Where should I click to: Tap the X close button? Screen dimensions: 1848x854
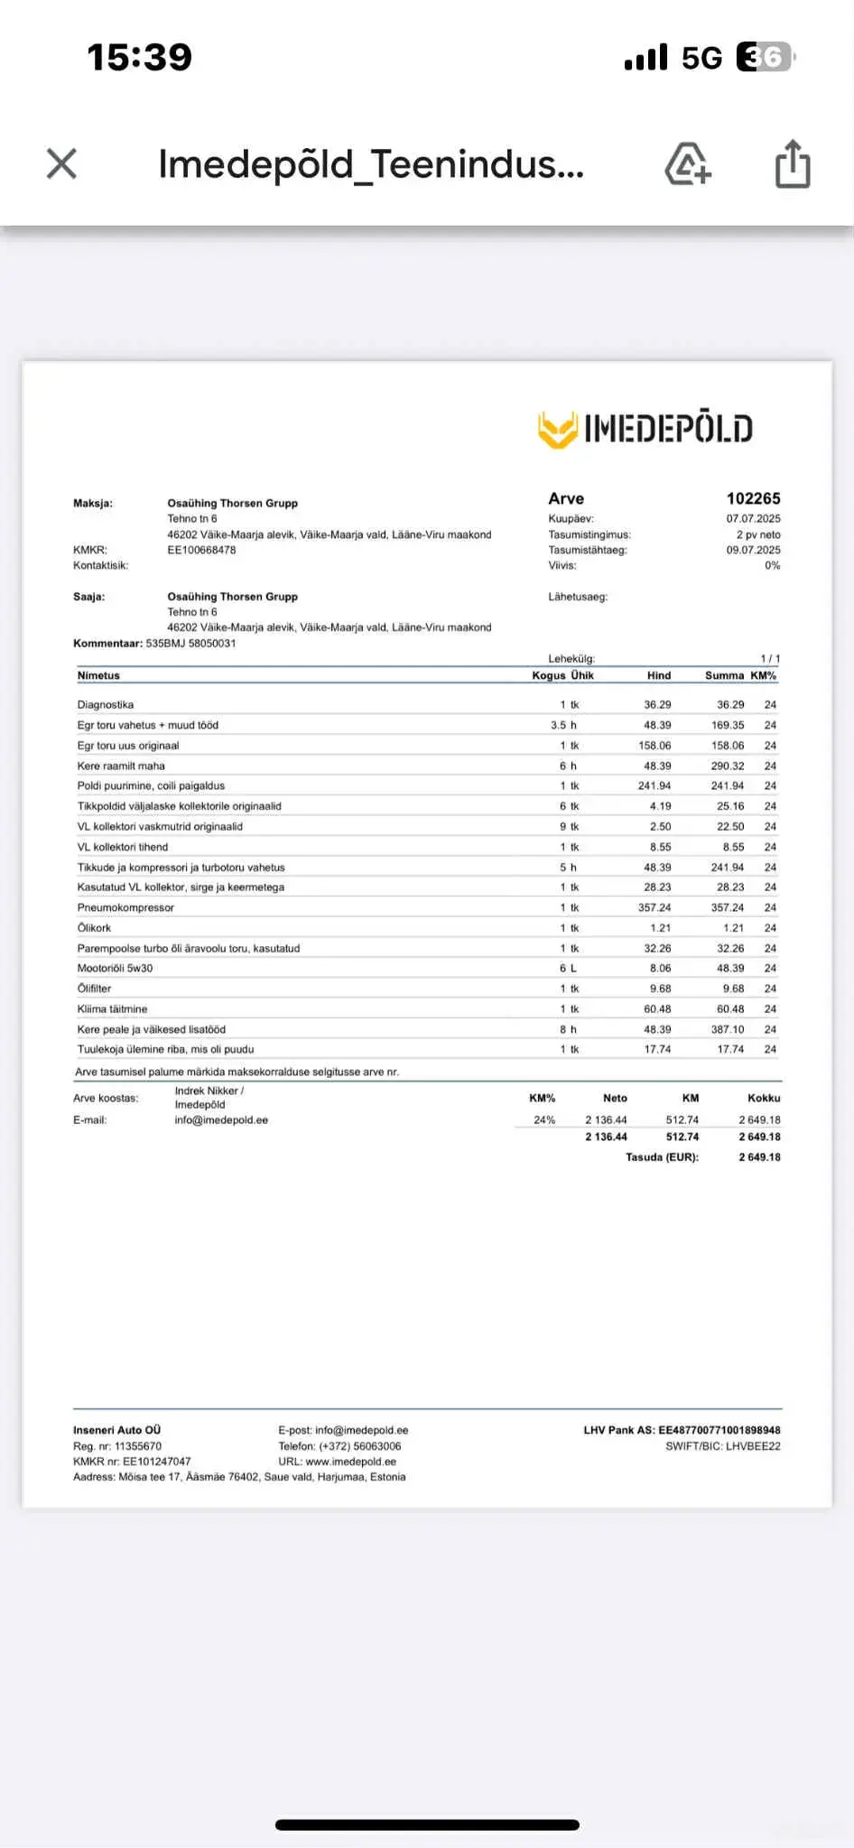61,163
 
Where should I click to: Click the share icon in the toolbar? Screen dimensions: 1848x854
793,163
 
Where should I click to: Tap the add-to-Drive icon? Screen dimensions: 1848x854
688,163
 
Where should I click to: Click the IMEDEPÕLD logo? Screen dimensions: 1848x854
645,429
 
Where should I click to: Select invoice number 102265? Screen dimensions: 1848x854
753,498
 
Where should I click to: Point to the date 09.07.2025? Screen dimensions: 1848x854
753,550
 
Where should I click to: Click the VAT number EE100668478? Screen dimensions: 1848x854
201,550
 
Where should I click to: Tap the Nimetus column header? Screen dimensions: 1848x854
98,675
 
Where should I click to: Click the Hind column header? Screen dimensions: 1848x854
659,675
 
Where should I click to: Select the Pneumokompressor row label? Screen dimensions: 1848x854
125,907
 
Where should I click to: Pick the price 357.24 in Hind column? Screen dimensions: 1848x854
654,907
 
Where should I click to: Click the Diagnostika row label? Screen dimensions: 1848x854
106,704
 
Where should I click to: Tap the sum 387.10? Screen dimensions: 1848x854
728,1029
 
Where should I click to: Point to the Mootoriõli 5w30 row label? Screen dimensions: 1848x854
115,968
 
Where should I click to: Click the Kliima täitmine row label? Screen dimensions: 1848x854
112,1008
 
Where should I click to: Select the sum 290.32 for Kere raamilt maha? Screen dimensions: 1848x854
728,766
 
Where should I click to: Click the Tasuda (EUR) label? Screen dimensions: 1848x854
662,1156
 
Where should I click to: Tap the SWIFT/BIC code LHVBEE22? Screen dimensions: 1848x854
723,1446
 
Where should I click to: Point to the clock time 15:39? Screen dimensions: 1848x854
140,57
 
